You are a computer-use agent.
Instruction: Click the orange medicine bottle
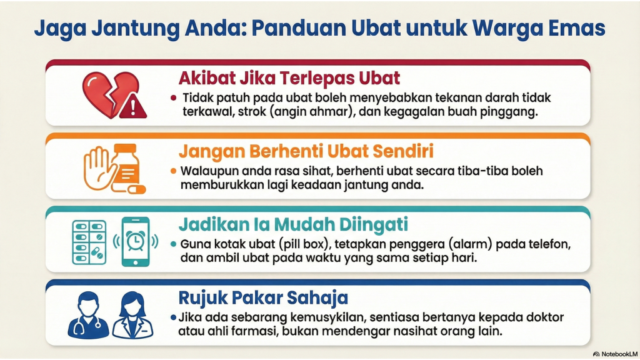[129, 164]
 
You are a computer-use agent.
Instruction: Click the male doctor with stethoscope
[87, 314]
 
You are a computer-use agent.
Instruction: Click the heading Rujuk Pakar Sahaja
[263, 296]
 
